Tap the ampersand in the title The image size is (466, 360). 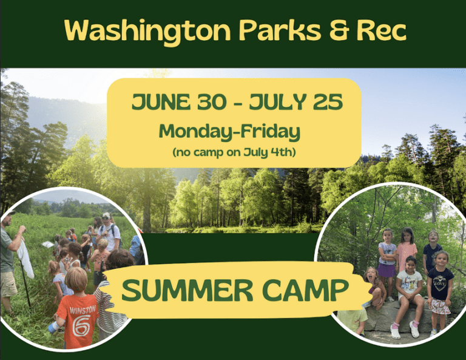[x=339, y=30]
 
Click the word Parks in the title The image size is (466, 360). [x=280, y=30]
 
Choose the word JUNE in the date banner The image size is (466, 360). [x=161, y=101]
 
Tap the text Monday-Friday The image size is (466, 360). [x=229, y=132]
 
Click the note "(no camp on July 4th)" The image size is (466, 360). [x=234, y=152]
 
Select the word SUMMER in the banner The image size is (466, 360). [x=187, y=290]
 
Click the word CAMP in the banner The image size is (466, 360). [x=306, y=290]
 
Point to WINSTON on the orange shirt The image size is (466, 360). [x=83, y=310]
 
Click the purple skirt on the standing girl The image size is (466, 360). [x=387, y=271]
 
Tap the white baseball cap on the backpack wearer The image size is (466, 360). [x=106, y=216]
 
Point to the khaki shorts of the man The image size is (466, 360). [x=8, y=284]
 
